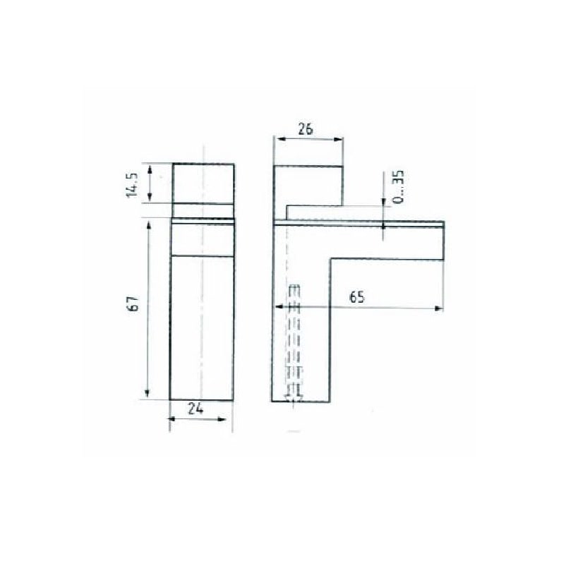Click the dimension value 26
306,129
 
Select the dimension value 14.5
133,185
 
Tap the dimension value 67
133,303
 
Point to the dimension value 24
195,409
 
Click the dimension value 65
357,297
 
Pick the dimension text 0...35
398,187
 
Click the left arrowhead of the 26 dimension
279,138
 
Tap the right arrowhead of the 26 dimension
338,139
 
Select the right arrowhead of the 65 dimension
438,308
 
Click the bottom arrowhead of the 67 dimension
147,393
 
